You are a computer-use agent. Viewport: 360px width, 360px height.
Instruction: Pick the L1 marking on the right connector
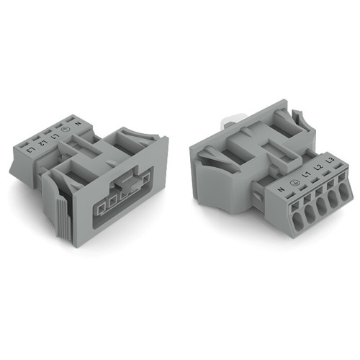305,174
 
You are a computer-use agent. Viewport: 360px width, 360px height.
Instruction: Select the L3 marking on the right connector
330,161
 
